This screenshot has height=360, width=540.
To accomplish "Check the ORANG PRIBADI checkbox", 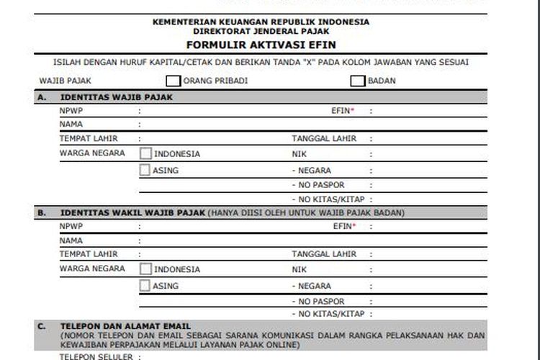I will (174, 81).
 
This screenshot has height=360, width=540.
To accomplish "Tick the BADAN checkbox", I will (358, 81).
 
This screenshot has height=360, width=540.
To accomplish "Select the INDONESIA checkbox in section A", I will (145, 153).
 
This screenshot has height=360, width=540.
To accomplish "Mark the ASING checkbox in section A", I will (145, 171).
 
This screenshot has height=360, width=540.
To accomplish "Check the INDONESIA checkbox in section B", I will (145, 269).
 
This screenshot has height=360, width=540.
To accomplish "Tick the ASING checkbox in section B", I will (145, 286).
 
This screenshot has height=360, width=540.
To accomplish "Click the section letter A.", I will (41, 97).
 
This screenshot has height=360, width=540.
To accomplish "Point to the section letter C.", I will (41, 326).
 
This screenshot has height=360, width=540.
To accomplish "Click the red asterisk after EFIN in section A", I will (353, 111).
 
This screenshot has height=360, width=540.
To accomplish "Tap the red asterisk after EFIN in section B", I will (353, 226).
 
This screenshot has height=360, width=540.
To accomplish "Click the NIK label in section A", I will (299, 154).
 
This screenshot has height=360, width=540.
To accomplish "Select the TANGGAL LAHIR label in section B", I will (324, 254).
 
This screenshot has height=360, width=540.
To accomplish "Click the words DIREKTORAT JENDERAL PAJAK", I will (261, 32).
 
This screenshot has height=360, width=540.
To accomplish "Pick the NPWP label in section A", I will (72, 112).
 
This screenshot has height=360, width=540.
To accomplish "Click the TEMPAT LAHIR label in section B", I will (89, 254).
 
